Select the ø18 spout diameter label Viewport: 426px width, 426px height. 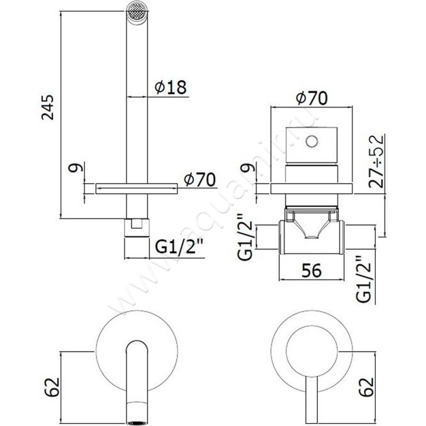point(171,87)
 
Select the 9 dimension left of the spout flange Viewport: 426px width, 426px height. point(78,169)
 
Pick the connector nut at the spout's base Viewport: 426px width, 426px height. point(136,227)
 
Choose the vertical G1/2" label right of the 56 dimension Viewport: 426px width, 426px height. point(364,279)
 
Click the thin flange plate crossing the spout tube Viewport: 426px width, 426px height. point(136,187)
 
